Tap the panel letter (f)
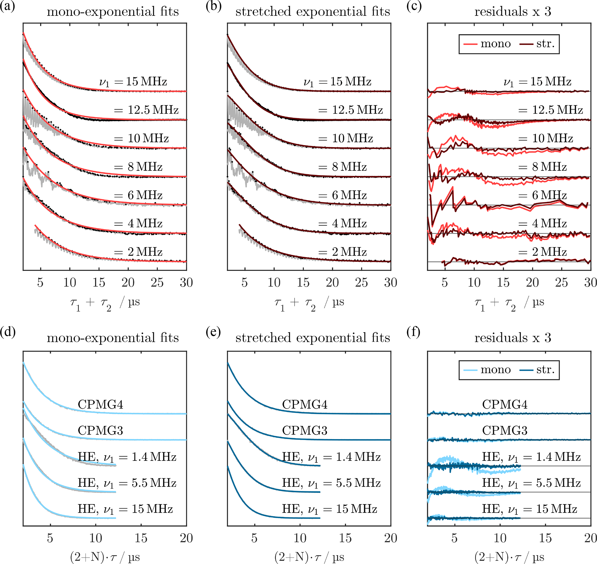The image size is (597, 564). click(413, 333)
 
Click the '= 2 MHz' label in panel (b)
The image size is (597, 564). click(343, 252)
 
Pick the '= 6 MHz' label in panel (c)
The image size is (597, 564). click(542, 195)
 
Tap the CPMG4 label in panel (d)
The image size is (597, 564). click(100, 405)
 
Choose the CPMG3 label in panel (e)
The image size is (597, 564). click(304, 431)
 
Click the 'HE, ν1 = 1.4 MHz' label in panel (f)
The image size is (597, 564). click(531, 457)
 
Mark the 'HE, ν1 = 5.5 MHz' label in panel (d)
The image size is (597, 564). click(127, 483)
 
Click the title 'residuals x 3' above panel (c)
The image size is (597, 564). click(513, 12)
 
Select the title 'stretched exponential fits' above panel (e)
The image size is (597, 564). click(313, 338)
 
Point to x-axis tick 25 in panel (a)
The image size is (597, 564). click(157, 283)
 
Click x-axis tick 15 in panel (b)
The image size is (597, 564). click(303, 283)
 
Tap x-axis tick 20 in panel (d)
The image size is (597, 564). click(186, 538)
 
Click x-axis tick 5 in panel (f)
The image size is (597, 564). click(454, 538)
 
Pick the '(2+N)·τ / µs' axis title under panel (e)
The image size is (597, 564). click(309, 557)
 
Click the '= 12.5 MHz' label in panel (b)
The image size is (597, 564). click(351, 110)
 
